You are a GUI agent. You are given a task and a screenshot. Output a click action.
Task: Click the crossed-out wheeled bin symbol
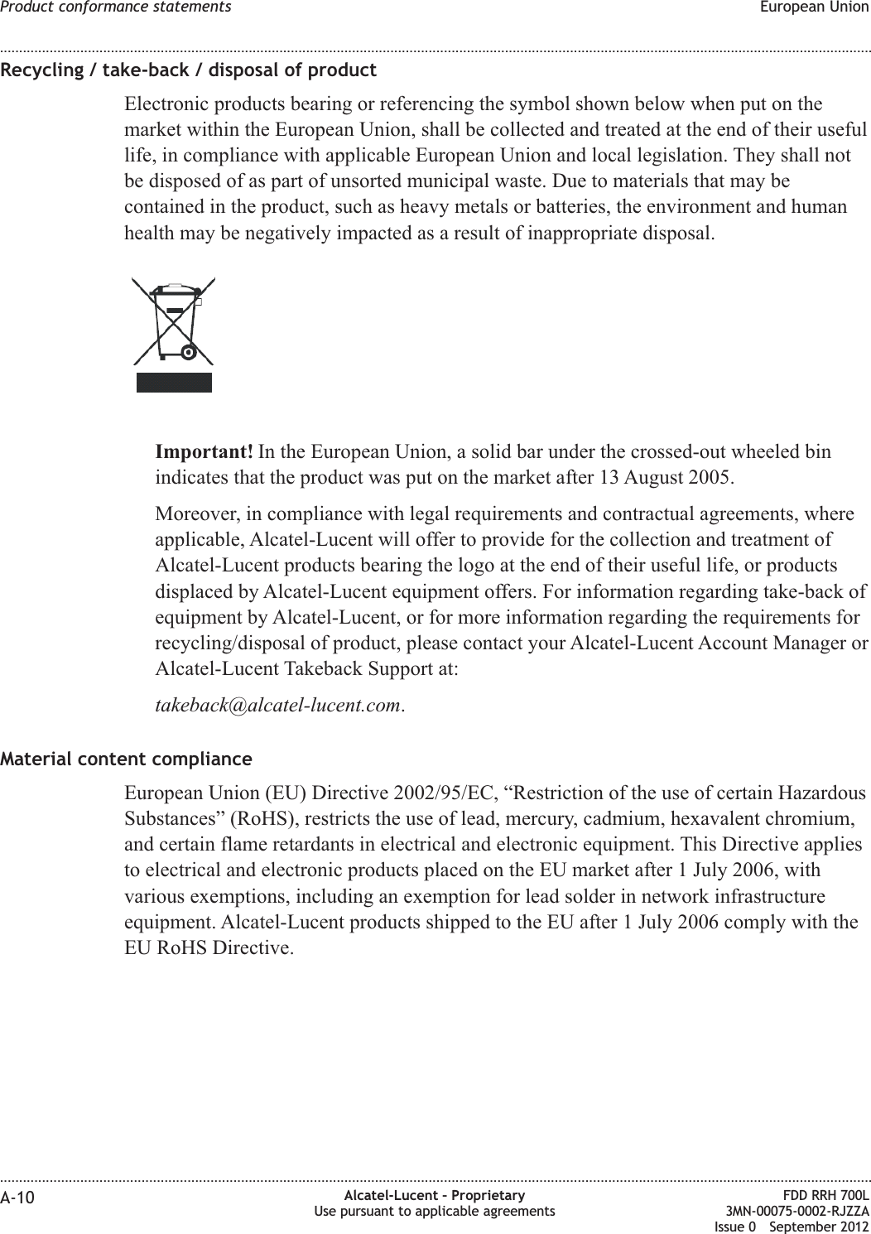pyautogui.click(x=174, y=322)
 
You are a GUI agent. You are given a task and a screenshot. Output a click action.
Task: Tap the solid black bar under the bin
pyautogui.click(x=174, y=382)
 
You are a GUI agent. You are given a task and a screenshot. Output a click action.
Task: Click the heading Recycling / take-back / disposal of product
pyautogui.click(x=189, y=70)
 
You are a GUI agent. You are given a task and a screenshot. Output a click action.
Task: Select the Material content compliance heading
pyautogui.click(x=127, y=759)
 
